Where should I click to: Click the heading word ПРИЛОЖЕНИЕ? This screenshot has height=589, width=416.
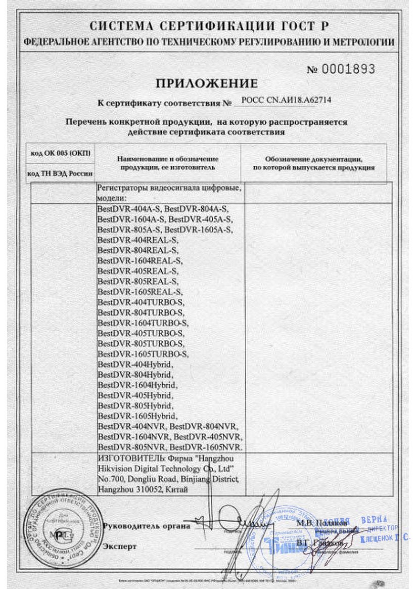click(x=206, y=83)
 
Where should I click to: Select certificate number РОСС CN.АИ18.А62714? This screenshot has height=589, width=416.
click(x=287, y=100)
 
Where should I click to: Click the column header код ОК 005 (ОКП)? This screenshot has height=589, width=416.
click(x=61, y=153)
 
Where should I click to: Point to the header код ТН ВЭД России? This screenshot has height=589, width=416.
click(x=60, y=173)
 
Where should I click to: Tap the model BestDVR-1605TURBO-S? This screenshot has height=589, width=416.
click(x=143, y=354)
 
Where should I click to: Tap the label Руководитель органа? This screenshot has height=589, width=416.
click(x=146, y=526)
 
